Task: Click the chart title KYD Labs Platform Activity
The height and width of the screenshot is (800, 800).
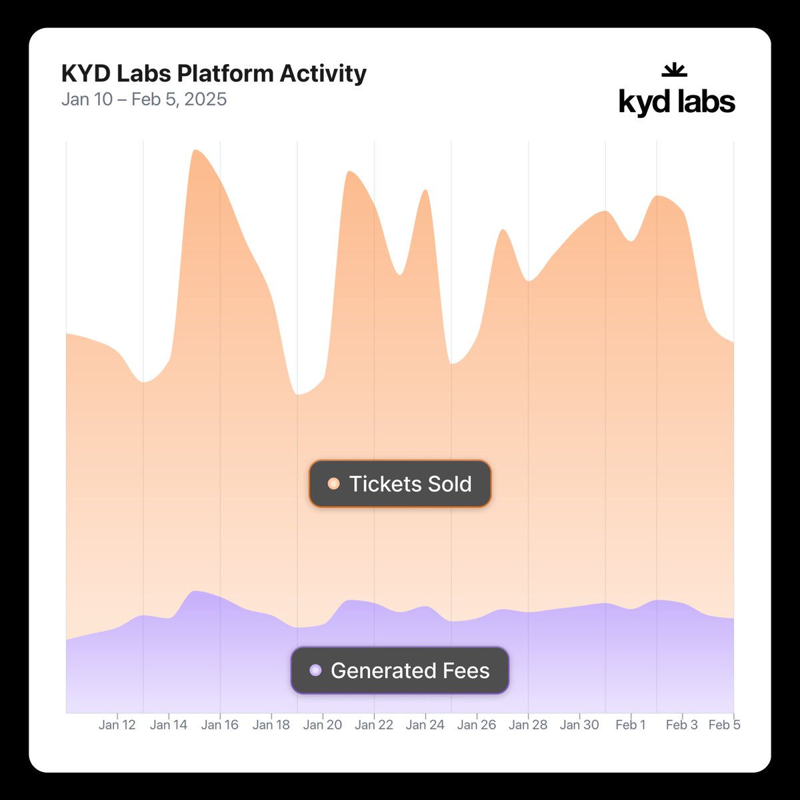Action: pos(213,73)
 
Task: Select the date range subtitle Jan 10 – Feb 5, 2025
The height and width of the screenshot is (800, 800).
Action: pos(144,99)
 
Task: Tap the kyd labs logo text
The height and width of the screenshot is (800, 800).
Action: pos(677,102)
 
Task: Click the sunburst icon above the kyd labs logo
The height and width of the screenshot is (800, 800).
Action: pos(674,69)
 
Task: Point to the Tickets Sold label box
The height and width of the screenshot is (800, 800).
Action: pos(400,484)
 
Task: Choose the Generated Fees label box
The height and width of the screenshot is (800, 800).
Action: pos(400,671)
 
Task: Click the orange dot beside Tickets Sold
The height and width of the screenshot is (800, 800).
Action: pos(333,484)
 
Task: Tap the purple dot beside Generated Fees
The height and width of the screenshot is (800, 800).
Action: pos(315,671)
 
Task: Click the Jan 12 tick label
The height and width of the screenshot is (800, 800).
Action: pos(117,725)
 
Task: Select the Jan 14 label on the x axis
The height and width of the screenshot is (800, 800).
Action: pos(169,725)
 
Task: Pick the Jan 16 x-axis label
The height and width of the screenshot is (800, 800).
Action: pos(220,725)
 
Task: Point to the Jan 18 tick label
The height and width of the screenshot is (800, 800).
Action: pos(271,725)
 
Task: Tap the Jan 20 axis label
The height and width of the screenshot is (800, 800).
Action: pos(323,725)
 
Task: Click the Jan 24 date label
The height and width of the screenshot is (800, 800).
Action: pos(425,725)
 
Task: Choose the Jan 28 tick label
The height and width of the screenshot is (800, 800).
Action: pos(528,725)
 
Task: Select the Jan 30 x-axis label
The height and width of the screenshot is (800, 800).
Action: pos(579,725)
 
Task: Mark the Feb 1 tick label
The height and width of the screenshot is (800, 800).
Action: pos(631,725)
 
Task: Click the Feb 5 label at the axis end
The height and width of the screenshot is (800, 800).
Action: pos(724,725)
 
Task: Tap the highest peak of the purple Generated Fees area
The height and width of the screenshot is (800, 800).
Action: pos(195,591)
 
